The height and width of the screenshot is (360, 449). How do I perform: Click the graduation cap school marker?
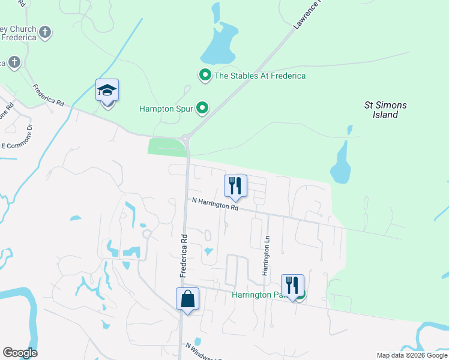point(107,91)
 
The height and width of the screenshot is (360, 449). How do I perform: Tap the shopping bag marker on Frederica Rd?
point(187,298)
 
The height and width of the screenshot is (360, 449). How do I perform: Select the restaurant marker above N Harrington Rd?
point(235,186)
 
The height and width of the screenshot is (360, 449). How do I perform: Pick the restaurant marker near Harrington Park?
point(292,286)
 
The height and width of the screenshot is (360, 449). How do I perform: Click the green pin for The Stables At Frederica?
point(205,76)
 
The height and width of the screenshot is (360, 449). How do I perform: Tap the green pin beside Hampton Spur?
point(203,109)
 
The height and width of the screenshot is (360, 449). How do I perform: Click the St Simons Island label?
point(385,110)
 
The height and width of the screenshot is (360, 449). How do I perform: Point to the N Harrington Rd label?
point(215,205)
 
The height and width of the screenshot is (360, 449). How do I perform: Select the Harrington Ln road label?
point(265,256)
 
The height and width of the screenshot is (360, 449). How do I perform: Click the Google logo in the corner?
point(20,353)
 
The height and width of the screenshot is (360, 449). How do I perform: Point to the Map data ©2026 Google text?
point(412,355)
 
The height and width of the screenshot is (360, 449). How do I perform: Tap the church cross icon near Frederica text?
point(46,31)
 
